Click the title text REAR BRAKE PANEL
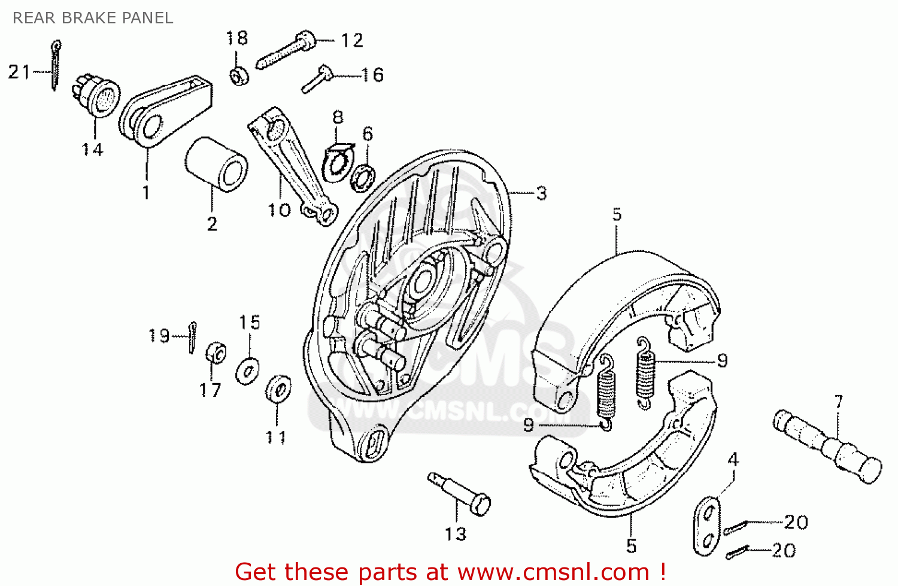pos(93,18)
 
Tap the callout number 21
pos(19,72)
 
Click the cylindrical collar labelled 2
pos(216,164)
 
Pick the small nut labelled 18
pos(239,76)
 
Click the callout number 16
pos(372,75)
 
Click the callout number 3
pos(541,193)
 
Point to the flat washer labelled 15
pos(247,371)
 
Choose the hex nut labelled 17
pos(215,353)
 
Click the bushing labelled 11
pos(278,389)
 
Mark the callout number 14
pos(93,149)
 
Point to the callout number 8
pos(338,117)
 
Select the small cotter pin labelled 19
pos(192,337)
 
